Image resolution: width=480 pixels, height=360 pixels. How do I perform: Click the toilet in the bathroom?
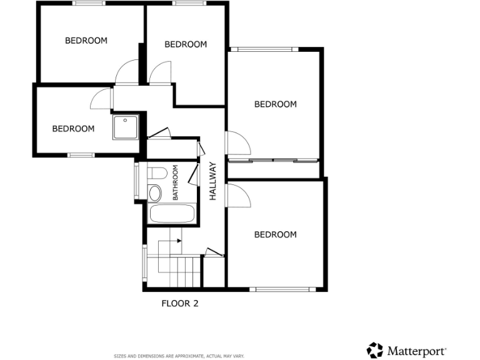(157, 172)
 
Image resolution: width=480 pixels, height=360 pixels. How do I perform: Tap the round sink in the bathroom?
(156, 192)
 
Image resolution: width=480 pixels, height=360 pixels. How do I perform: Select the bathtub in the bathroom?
(172, 213)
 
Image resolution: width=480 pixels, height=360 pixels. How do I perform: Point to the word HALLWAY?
(212, 181)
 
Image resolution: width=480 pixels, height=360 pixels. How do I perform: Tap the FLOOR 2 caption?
(180, 304)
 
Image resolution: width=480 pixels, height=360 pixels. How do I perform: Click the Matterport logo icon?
(374, 350)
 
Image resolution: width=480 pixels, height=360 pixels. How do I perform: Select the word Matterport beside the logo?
(416, 350)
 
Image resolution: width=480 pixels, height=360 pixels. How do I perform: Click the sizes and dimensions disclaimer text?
(179, 356)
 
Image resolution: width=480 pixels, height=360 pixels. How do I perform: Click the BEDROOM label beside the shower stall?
(73, 129)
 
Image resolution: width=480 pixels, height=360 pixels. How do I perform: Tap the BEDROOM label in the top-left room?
(86, 41)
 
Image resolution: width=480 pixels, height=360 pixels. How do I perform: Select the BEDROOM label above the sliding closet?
(275, 104)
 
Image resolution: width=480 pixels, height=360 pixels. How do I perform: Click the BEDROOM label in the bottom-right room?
(275, 235)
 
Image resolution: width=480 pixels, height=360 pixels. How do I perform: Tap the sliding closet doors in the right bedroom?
(274, 161)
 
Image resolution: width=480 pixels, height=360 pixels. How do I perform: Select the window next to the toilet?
(137, 181)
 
